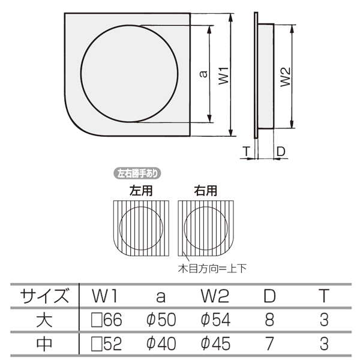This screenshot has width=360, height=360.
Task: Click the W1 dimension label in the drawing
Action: pos(223,76)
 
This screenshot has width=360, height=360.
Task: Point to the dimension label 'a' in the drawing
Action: pos(203,74)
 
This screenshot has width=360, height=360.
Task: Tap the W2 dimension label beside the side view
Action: pos(286,77)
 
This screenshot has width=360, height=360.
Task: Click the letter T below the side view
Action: pos(246,151)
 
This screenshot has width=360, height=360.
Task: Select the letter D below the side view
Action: pos(281,151)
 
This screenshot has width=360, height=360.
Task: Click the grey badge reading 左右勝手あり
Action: pos(137,173)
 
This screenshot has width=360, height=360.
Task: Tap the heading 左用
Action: pos(141,191)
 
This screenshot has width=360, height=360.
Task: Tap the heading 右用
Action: pos(205,191)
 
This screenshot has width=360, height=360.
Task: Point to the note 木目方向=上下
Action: pos(212,268)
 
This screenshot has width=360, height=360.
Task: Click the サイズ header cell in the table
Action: pos(44,296)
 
